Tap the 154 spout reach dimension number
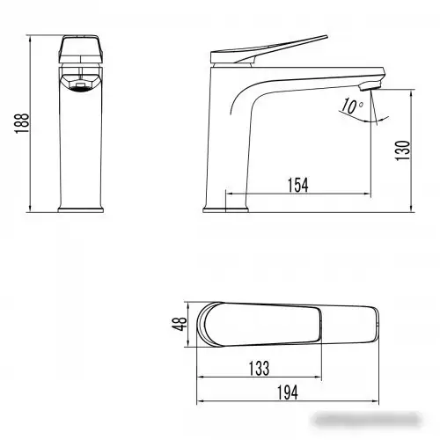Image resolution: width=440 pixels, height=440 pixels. (299, 184)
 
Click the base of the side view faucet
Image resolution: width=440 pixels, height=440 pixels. (227, 208)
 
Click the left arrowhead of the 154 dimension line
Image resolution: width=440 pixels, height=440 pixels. (230, 194)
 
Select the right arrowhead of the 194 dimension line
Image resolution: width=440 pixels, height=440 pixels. (378, 378)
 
